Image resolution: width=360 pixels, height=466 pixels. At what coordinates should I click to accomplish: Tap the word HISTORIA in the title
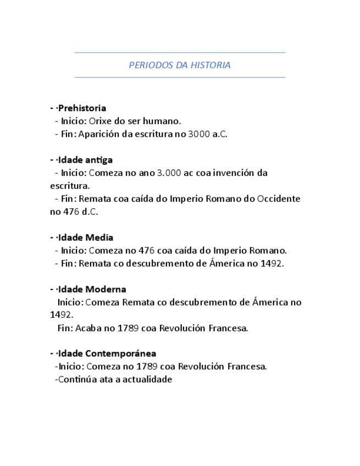click(211, 65)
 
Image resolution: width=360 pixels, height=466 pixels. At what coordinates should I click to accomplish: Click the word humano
click(164, 121)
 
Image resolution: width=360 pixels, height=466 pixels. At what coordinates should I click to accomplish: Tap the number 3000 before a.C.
click(198, 134)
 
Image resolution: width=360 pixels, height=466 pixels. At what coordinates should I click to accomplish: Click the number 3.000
click(169, 173)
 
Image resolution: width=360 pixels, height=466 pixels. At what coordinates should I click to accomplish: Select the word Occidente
click(279, 198)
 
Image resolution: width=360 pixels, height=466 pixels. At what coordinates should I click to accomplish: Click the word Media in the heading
click(99, 237)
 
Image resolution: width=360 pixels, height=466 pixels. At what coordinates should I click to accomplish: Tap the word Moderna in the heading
click(106, 289)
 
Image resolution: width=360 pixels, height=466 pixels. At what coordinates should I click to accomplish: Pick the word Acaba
click(88, 328)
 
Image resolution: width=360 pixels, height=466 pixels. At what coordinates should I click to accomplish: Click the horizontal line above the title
click(180, 53)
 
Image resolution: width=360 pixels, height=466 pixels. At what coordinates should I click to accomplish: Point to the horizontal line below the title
click(180, 77)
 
